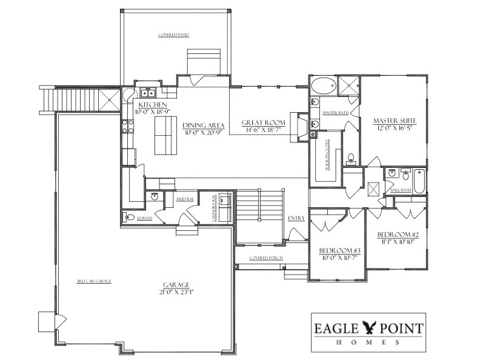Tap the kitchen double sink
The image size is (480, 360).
pyautogui.click(x=147, y=93)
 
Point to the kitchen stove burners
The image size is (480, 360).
pyautogui.click(x=128, y=126)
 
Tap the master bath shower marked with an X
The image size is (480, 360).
pyautogui.click(x=347, y=86)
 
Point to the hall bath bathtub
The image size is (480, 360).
pyautogui.click(x=418, y=179)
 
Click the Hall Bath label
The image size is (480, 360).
pyautogui.click(x=401, y=190)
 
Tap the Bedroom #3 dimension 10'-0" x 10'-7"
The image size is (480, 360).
pyautogui.click(x=340, y=258)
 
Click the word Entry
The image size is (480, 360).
pyautogui.click(x=296, y=218)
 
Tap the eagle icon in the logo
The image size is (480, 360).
pyautogui.click(x=368, y=328)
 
